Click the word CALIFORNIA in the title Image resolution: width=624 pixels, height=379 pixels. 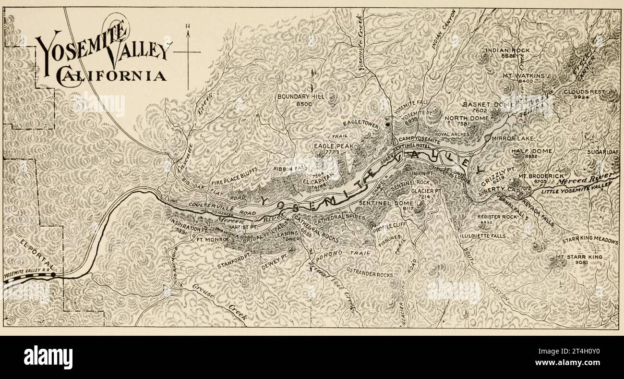click(111, 75)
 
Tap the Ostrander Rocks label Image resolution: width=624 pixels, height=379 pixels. click(369, 274)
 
